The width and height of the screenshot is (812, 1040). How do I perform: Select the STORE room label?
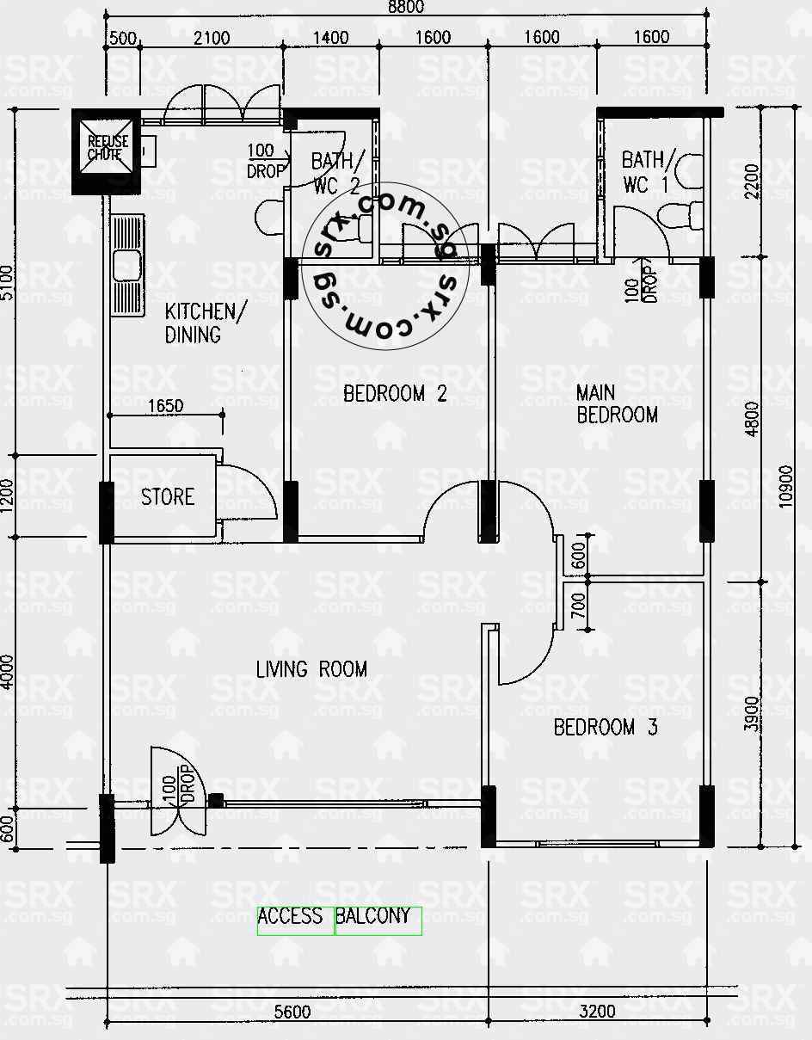click(168, 496)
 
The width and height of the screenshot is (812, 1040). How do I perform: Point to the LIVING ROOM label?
click(311, 669)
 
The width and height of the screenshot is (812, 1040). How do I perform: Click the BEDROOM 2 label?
click(395, 394)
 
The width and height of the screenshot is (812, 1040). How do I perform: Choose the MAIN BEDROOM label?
click(617, 404)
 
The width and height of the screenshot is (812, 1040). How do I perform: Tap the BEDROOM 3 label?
click(606, 728)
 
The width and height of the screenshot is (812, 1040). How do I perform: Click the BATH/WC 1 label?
click(643, 172)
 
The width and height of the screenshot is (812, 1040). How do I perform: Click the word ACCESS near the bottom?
click(290, 917)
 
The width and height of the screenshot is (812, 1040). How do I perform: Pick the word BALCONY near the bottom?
click(373, 917)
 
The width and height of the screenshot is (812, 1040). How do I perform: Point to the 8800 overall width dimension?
click(405, 7)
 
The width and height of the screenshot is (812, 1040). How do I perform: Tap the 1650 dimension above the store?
click(165, 405)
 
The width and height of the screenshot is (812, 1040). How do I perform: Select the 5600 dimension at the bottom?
click(292, 1012)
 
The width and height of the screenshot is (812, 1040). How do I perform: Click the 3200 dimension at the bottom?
click(597, 1012)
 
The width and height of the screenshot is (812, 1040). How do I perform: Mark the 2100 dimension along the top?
click(212, 38)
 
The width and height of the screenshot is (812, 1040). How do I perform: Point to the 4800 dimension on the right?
click(754, 419)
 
